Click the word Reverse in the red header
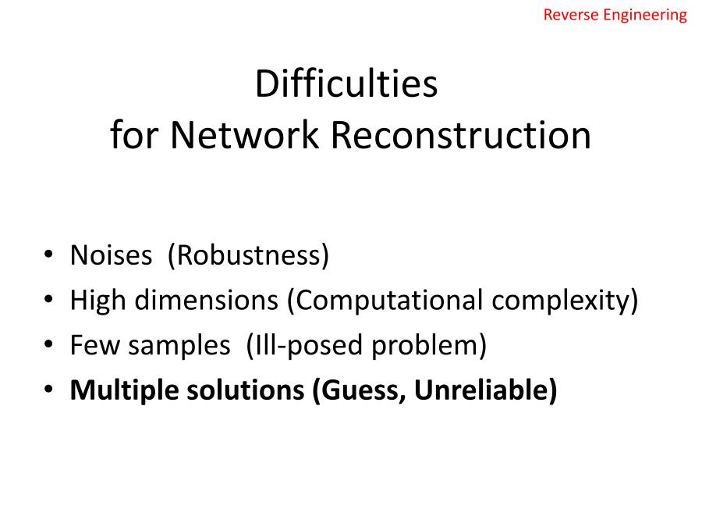click(x=571, y=15)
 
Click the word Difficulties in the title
click(x=346, y=84)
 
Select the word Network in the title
click(x=244, y=135)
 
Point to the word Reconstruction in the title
click(x=461, y=135)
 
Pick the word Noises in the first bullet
click(x=111, y=256)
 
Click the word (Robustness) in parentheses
click(x=248, y=256)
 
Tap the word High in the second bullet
click(x=97, y=301)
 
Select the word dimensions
click(x=207, y=300)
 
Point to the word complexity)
click(x=565, y=301)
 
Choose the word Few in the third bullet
click(x=94, y=346)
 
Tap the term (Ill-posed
click(x=304, y=346)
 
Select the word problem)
click(x=429, y=346)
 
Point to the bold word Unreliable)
click(x=486, y=390)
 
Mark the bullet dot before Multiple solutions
click(x=48, y=389)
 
